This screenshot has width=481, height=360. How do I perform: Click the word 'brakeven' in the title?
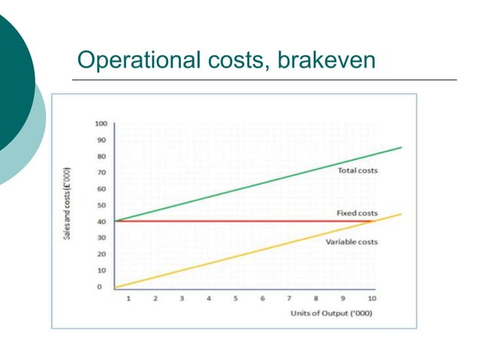coord(326,59)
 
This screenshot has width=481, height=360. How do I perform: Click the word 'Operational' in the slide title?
coord(131,59)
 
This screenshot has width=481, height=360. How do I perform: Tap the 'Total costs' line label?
coord(357,171)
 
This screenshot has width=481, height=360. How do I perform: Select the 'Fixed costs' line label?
coord(357,214)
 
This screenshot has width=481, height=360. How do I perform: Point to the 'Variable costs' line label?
coord(351,242)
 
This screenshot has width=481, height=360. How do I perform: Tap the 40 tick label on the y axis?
coord(101,221)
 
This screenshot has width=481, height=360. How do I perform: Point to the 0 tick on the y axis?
coord(99,287)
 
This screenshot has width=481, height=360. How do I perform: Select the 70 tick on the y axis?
coord(101,172)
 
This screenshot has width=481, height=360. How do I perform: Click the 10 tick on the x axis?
coord(372,299)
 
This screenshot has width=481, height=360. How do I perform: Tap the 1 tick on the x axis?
coord(128,299)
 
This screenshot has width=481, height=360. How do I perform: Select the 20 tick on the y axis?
coord(101,255)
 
